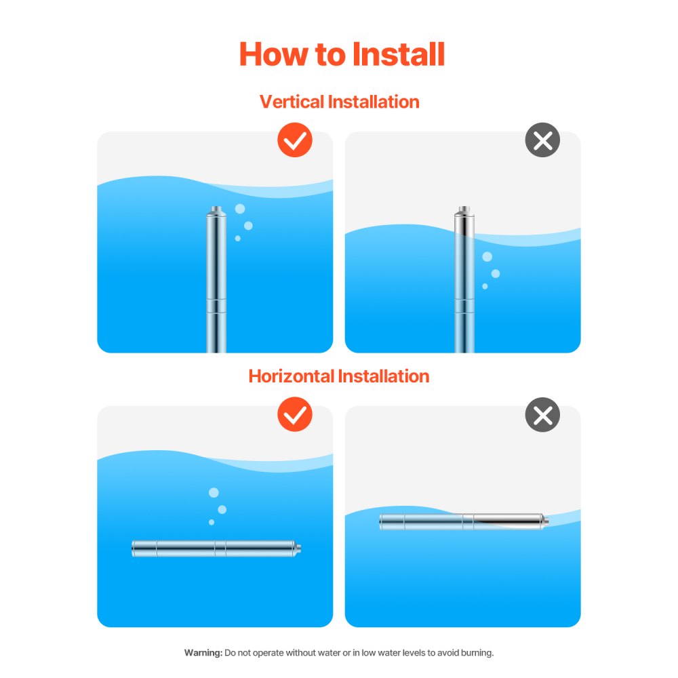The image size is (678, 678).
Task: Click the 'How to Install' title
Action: (342, 54)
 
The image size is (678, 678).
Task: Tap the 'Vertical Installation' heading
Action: (340, 102)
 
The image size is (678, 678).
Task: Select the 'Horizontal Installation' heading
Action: (338, 376)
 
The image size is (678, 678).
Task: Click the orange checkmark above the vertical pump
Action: (295, 140)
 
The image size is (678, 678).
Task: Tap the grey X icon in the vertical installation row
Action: (542, 140)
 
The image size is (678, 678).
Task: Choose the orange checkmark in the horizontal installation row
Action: (295, 414)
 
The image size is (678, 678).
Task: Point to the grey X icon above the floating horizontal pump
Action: (542, 414)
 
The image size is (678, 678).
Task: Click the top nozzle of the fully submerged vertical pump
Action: (216, 211)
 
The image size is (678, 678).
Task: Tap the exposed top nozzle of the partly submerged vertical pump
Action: (464, 211)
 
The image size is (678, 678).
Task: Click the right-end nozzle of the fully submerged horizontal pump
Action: (298, 549)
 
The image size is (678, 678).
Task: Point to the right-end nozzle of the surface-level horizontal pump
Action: (545, 521)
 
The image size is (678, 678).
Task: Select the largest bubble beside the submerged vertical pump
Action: (240, 209)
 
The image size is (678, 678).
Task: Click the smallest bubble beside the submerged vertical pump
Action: (237, 238)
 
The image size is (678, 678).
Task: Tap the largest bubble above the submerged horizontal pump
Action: (214, 492)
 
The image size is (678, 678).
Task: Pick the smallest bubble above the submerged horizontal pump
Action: (212, 522)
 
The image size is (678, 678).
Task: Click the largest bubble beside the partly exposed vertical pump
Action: (487, 257)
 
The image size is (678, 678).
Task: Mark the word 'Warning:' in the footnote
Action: (203, 652)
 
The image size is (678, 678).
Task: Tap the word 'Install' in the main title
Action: (398, 54)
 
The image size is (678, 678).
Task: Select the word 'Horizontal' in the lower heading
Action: (291, 376)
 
